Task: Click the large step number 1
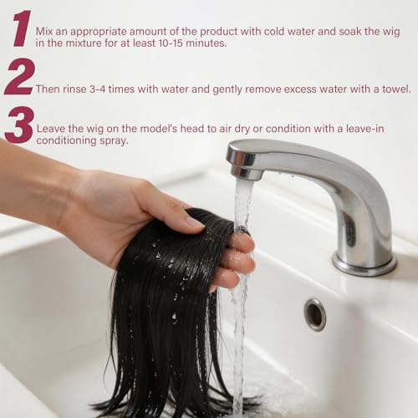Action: click(x=22, y=28)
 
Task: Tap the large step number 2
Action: click(x=19, y=77)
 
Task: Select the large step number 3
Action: click(x=19, y=125)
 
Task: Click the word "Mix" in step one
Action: click(x=44, y=31)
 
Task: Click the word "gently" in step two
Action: click(x=227, y=89)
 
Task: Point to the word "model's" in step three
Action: click(x=159, y=129)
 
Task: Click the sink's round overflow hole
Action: click(x=315, y=314)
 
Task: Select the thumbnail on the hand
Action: click(x=195, y=222)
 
